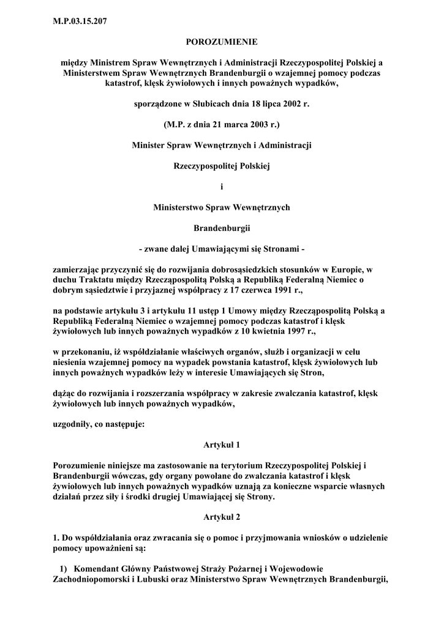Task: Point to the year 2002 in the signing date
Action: [292, 104]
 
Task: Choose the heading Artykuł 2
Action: [222, 518]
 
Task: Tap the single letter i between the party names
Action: [222, 187]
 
